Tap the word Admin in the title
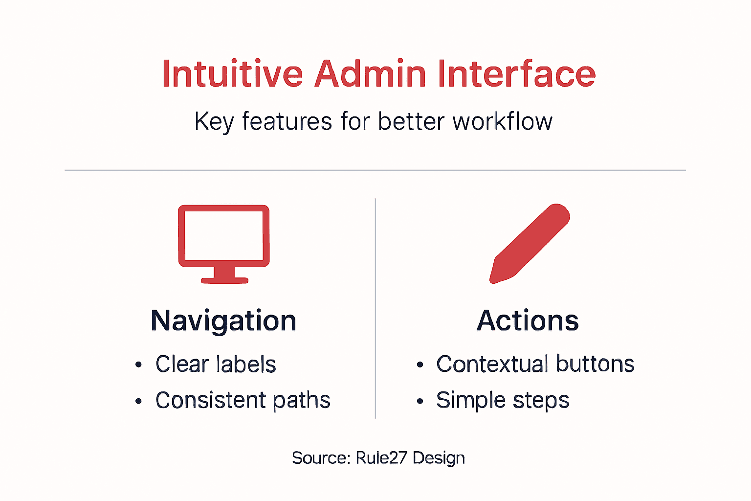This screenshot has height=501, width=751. (370, 74)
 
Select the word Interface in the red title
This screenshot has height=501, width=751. (516, 74)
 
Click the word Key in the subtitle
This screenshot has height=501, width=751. (214, 121)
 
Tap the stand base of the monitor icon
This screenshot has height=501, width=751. (224, 280)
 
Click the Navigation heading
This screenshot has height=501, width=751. (223, 321)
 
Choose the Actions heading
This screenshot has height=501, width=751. (528, 321)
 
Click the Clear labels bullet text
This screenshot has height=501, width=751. (216, 364)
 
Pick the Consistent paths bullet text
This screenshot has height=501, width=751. (243, 400)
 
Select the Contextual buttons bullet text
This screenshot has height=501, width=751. (535, 364)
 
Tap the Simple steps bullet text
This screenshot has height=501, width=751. (503, 400)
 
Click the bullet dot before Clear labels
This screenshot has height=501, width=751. (138, 365)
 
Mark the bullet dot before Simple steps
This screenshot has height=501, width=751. (420, 401)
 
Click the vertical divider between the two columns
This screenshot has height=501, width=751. (375, 308)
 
